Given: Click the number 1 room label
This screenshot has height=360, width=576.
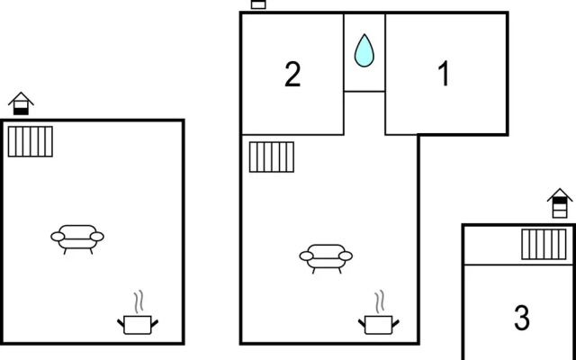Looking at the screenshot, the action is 444,74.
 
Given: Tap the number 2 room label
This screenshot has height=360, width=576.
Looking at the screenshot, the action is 292,74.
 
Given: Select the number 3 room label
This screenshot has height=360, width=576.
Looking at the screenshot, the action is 522,318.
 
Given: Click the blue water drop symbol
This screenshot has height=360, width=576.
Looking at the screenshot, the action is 364,50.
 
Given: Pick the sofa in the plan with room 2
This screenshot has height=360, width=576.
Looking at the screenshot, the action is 326,258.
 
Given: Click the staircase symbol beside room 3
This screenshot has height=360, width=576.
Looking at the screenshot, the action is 544,244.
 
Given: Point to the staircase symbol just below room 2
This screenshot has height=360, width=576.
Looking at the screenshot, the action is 272,157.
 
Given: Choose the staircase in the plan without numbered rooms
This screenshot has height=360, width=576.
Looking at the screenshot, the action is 30,141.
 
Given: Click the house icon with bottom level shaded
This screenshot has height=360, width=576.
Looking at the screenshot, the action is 21,103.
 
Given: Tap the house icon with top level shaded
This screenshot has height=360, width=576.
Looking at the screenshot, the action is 560,203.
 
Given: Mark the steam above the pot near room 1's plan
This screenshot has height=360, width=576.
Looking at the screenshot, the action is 380,301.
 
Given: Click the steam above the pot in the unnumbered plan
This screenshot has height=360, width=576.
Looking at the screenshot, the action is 139,301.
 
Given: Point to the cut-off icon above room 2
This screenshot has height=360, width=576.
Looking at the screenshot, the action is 258,4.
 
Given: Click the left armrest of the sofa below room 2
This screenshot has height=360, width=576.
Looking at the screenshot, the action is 306,256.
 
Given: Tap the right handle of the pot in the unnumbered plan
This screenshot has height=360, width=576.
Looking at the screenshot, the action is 155,324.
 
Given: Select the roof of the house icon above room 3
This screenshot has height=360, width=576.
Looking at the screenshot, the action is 560,194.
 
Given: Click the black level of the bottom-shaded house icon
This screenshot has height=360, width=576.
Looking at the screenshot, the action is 21,112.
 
